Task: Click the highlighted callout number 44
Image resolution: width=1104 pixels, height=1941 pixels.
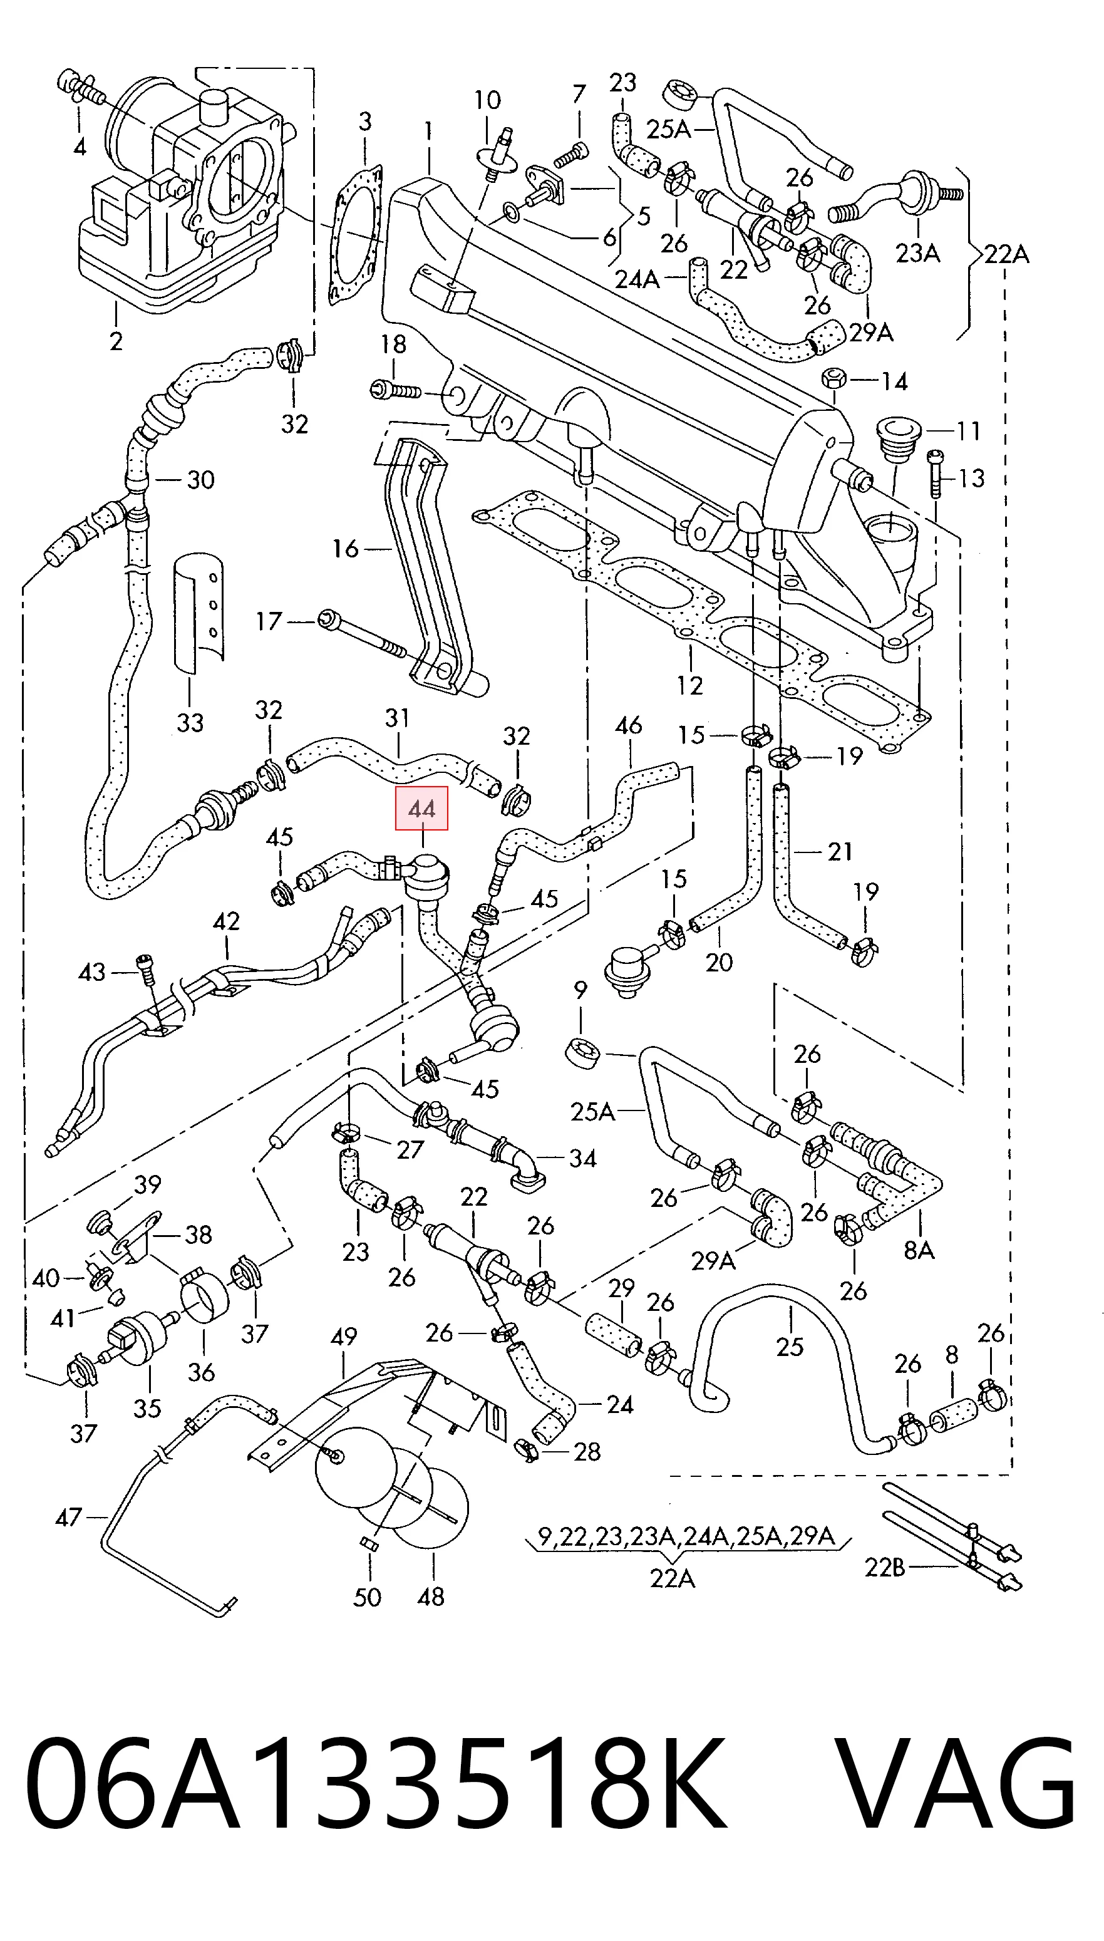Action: tap(421, 809)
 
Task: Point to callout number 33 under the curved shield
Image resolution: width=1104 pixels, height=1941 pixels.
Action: tap(190, 723)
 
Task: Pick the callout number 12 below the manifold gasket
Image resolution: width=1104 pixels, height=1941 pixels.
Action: tap(689, 685)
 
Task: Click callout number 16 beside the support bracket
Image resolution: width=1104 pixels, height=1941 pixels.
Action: tap(345, 548)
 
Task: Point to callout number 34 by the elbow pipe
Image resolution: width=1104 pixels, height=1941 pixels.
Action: tap(582, 1158)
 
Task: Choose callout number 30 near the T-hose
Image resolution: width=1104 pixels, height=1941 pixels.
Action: tap(201, 480)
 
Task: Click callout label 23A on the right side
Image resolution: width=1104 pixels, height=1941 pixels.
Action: tap(917, 252)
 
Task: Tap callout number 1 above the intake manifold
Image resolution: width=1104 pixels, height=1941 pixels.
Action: tap(428, 131)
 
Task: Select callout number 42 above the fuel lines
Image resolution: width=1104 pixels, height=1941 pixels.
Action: tap(226, 921)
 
